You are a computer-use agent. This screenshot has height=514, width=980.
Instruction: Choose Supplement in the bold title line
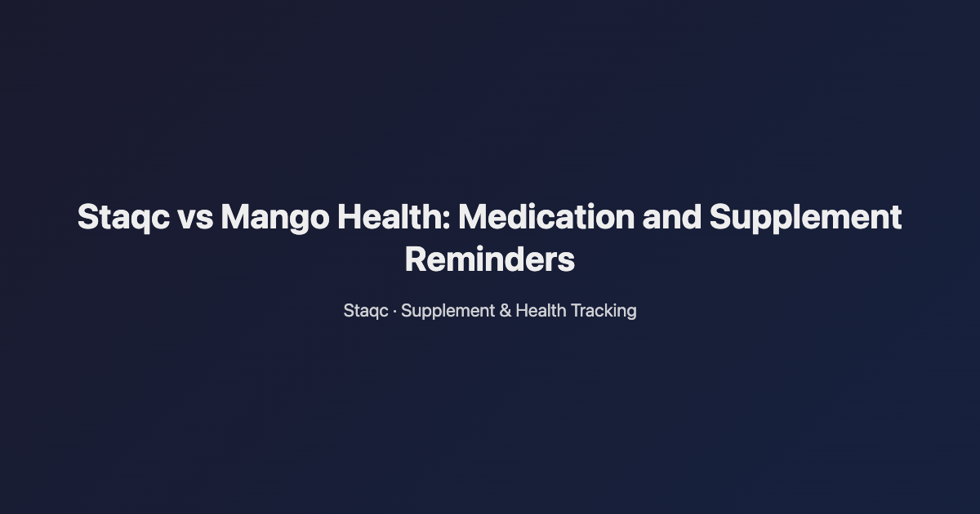click(x=805, y=218)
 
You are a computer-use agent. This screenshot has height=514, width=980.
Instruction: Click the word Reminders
click(x=490, y=260)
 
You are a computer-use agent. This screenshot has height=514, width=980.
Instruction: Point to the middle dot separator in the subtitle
click(x=395, y=311)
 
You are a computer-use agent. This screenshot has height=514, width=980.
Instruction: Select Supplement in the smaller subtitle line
click(x=448, y=311)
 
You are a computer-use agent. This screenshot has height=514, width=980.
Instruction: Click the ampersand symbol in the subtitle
click(x=505, y=311)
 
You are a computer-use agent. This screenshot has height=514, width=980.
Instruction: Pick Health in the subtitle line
click(x=541, y=311)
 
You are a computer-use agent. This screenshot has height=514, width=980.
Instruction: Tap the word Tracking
click(x=604, y=311)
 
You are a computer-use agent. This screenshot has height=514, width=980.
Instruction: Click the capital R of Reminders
click(x=415, y=260)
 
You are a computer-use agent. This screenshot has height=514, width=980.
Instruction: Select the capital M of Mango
click(x=235, y=218)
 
